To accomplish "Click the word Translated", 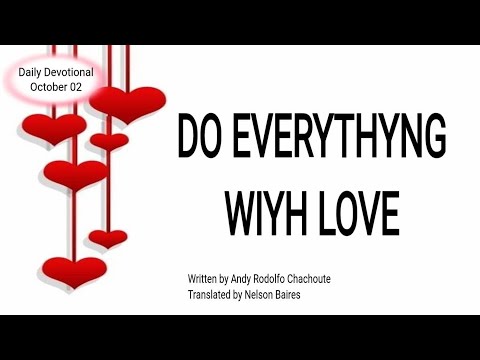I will pyautogui.click(x=210, y=294).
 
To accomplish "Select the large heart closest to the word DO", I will pyautogui.click(x=127, y=103).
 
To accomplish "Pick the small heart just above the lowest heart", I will pyautogui.click(x=107, y=238).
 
